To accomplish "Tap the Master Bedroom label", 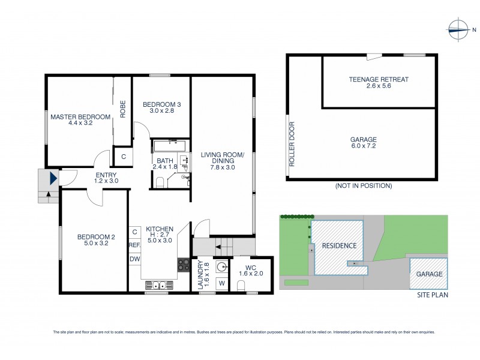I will click(80, 117).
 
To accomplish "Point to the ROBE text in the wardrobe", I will click(122, 109).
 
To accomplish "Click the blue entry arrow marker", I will click(53, 178).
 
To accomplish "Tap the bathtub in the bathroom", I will click(169, 145).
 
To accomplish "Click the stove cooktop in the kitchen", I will click(184, 265).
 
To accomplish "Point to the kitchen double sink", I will click(157, 286).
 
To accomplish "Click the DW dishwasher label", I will click(134, 259).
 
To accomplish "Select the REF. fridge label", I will click(134, 245).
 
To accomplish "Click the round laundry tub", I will click(221, 267).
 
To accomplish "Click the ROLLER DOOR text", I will click(292, 144).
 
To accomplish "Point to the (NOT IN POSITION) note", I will click(363, 186).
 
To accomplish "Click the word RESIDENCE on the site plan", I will click(339, 246).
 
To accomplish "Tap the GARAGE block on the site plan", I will click(428, 274).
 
